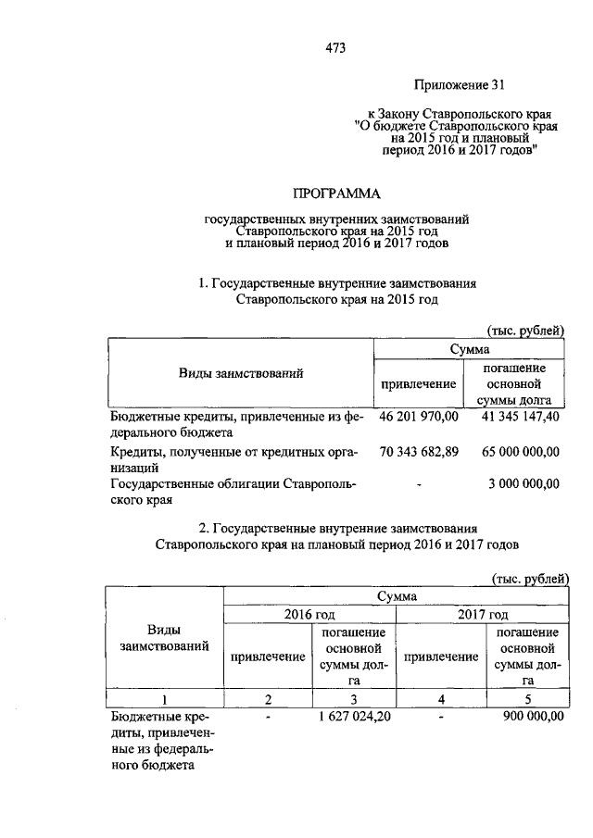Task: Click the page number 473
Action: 335,49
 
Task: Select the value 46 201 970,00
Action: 420,418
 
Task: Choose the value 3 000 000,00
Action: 524,482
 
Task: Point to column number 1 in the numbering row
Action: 163,697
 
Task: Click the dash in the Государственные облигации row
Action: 420,483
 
